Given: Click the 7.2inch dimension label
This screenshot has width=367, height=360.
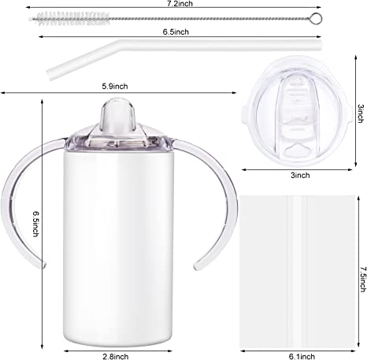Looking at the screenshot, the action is (180, 4).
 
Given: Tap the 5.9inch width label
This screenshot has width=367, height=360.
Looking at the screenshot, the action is (115, 86).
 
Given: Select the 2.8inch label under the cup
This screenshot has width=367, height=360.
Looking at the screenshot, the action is (116, 356).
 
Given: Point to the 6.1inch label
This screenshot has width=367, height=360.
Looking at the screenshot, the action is (302, 356).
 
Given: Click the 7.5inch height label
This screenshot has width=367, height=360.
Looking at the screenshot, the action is (363, 280).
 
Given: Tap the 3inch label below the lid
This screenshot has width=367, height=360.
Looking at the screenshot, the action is (300, 175).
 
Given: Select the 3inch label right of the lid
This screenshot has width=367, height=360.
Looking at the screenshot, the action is (361, 113).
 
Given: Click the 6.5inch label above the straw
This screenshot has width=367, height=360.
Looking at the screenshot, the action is (176, 32).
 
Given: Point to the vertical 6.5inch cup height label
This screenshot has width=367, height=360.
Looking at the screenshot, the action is (36, 224).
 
